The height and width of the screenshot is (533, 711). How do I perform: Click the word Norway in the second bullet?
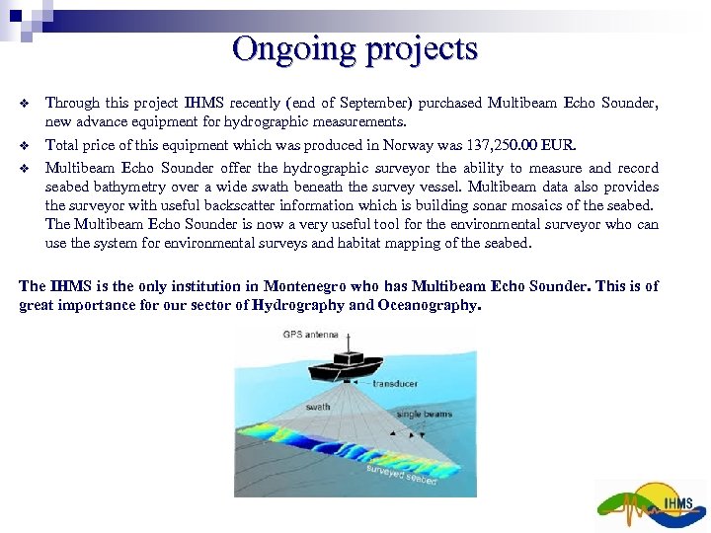395,146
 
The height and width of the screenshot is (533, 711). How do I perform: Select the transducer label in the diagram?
395,384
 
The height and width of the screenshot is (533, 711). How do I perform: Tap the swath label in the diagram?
318,406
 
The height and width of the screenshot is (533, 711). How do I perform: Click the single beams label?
424,414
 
